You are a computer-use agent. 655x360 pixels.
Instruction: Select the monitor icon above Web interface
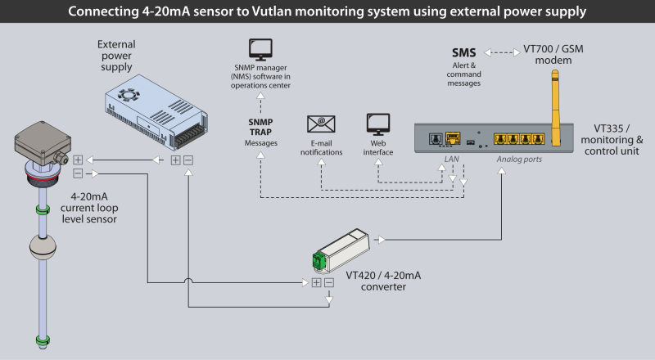pos(377,124)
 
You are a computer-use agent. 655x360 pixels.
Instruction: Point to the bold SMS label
pos(463,53)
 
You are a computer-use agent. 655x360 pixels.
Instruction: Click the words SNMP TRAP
pos(261,126)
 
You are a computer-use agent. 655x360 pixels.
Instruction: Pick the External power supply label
pos(115,56)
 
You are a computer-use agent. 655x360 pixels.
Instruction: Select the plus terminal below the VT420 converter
pos(316,283)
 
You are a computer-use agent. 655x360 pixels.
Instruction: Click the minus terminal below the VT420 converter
pos(329,283)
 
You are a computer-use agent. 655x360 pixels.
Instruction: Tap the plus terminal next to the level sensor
pos(78,160)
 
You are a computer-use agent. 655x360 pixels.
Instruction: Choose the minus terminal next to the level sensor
pos(78,173)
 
